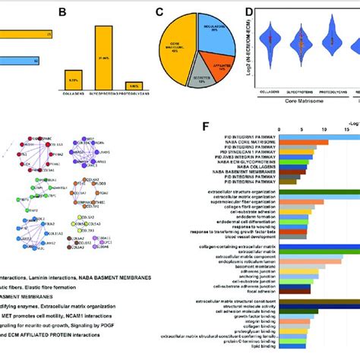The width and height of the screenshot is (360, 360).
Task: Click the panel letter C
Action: click(x=159, y=12)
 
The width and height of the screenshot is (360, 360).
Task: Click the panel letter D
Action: click(x=248, y=12)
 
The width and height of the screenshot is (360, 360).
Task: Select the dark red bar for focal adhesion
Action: click(x=290, y=290)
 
